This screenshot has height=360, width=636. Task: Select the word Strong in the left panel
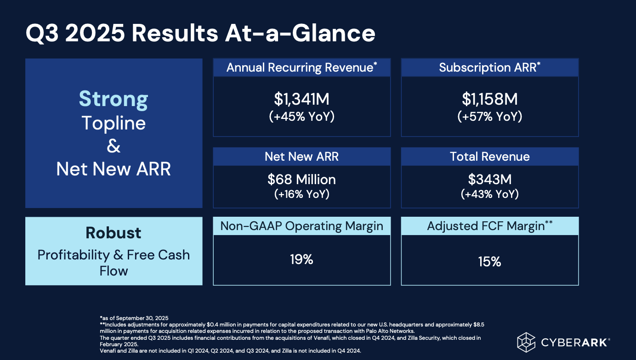[114, 99]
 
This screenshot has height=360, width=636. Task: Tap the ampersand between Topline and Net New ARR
[114, 146]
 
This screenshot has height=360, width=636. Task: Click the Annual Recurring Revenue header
[301, 67]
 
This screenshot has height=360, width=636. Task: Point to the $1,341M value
[301, 99]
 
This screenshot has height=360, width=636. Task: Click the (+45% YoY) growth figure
[301, 117]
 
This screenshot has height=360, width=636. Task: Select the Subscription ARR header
[489, 67]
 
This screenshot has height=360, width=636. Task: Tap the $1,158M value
[489, 99]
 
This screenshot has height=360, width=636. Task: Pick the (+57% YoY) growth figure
[489, 117]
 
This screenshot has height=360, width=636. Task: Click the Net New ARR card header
[301, 157]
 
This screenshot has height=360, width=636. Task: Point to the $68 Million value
[301, 179]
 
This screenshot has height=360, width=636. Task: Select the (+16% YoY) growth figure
[301, 194]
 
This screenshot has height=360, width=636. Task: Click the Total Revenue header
[489, 157]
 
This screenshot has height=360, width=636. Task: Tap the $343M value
[489, 179]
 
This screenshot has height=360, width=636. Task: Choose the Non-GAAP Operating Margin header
[301, 226]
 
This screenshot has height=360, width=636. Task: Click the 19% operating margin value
[301, 260]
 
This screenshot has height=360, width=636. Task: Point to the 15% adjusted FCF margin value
[489, 262]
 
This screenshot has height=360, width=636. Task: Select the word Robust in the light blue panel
[114, 233]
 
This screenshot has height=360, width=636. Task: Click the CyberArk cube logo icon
[527, 343]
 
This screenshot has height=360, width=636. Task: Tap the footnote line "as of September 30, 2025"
[134, 318]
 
